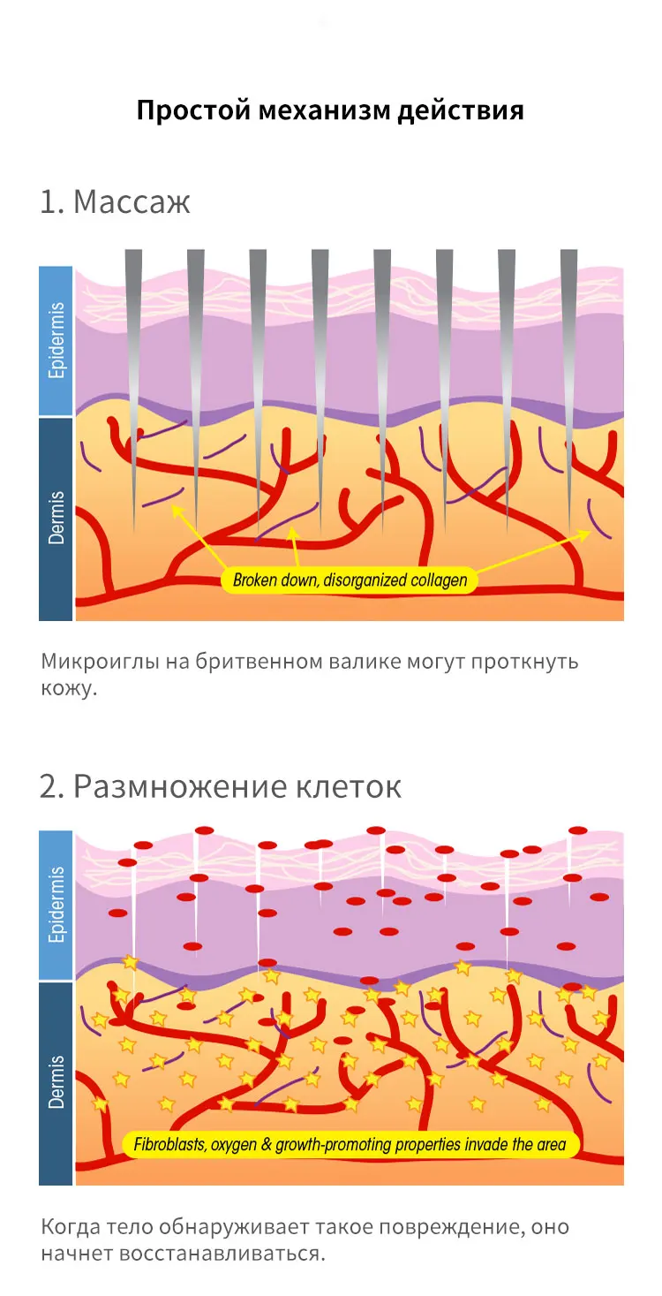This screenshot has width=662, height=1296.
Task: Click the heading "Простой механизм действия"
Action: [331, 111]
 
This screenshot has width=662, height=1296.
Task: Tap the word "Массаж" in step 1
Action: [132, 202]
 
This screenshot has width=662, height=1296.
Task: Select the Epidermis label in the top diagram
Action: [56, 341]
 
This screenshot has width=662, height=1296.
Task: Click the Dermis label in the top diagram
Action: [56, 518]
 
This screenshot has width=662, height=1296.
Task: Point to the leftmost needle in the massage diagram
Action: [133, 371]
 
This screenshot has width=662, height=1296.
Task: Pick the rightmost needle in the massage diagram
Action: [569, 371]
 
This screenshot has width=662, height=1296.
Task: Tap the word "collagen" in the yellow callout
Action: [433, 580]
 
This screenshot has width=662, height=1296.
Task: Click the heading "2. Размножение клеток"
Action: [220, 785]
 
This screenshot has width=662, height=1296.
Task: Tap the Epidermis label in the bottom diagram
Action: [56, 906]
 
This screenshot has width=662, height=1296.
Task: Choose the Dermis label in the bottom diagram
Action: [56, 1082]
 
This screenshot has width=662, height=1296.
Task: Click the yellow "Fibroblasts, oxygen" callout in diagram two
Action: [350, 1145]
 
